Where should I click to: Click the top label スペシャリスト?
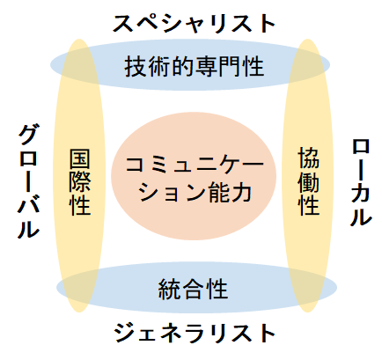coord(194,24)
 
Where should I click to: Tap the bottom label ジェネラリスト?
coord(195,334)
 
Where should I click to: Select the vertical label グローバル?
coord(28,181)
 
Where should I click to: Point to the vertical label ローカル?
coord(361,183)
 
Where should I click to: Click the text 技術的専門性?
coord(194,67)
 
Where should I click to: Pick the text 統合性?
coord(193,289)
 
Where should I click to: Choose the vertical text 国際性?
coord(80,182)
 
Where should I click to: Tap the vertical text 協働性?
coord(308,181)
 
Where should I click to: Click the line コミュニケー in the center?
coord(195,165)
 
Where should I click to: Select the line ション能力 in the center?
coord(195,193)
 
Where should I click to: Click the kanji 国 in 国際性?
coord(80,159)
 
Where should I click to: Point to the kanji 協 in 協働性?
coord(308,158)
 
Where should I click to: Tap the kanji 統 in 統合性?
coord(169,289)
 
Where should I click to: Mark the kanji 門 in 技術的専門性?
coord(229,67)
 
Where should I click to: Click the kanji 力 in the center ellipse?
coord(241,193)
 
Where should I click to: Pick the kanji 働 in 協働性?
coord(308,181)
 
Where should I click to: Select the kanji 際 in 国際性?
coord(80,182)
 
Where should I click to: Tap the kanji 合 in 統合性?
coord(193,289)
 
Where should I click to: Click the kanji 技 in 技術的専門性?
coord(136,67)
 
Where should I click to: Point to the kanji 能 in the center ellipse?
coord(218,193)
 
